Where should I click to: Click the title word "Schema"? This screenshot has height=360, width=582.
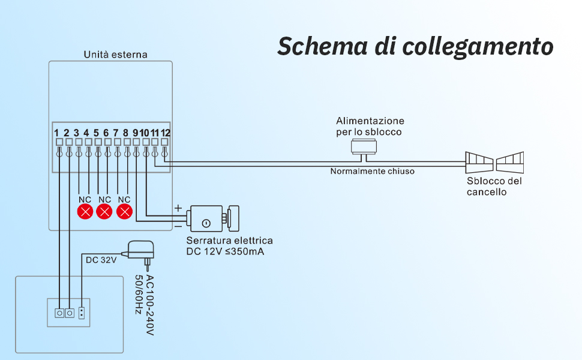pos(323,46)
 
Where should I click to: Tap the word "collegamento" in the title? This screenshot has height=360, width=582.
pos(478,47)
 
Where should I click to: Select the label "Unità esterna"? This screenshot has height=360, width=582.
pos(115,55)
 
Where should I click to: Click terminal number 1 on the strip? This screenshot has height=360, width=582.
pos(56,133)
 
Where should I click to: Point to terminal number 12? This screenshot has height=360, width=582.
pos(165,133)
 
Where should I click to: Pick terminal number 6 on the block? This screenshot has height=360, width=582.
pos(106,133)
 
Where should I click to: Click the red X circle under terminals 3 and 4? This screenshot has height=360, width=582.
pos(85,212)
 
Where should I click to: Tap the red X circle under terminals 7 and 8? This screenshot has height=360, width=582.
pos(124,212)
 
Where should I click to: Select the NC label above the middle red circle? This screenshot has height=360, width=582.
pos(104,200)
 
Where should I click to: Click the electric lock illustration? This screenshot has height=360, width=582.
pos(212,218)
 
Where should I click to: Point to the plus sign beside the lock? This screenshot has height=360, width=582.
pos(178,208)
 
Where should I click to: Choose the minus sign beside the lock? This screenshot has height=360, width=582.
pos(178,226)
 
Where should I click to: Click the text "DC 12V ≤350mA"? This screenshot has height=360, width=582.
pos(225,251)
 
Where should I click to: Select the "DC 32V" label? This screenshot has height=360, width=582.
pos(101,260)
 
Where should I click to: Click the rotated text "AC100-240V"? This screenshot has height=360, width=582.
pos(149,305)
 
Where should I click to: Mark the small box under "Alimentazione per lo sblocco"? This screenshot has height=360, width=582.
pos(364,146)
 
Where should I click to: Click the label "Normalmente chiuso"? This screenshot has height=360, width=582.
pos(372,171)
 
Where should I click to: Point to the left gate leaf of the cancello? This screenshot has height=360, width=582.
pos(479,162)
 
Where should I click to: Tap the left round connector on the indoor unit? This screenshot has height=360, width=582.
pos(59,313)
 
